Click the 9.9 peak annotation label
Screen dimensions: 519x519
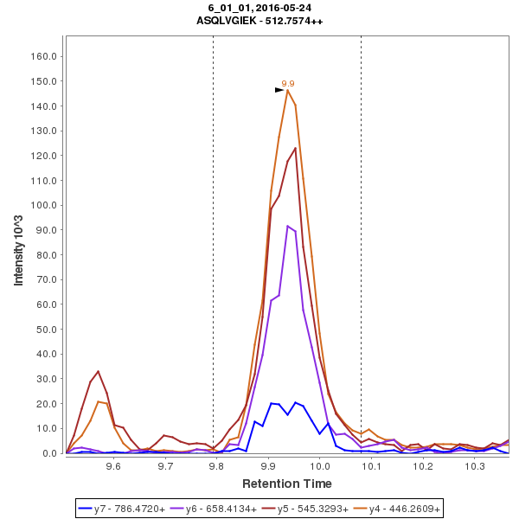[288, 84]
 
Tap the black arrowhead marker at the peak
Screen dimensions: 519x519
[279, 90]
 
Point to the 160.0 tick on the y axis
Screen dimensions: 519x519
[43, 56]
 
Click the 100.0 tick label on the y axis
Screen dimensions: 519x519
[43, 205]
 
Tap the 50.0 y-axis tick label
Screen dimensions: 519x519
[46, 330]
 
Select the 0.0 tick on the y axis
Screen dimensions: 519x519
[48, 453]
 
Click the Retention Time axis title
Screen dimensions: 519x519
[286, 483]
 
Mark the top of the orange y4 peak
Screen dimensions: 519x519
[287, 90]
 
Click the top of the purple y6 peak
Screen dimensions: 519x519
[287, 226]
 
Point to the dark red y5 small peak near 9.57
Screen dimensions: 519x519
[98, 371]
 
